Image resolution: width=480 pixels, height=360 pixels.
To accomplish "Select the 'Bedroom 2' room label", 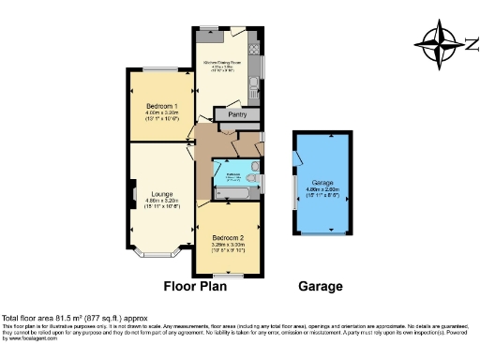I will (x=229, y=238).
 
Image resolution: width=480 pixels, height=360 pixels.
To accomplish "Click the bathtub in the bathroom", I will (x=231, y=193).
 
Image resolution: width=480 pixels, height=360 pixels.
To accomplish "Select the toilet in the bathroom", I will (x=252, y=179).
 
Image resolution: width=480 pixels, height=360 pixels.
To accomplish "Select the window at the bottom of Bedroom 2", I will (x=230, y=275).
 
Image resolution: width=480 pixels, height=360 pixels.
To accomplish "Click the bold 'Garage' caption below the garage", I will (x=321, y=287).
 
